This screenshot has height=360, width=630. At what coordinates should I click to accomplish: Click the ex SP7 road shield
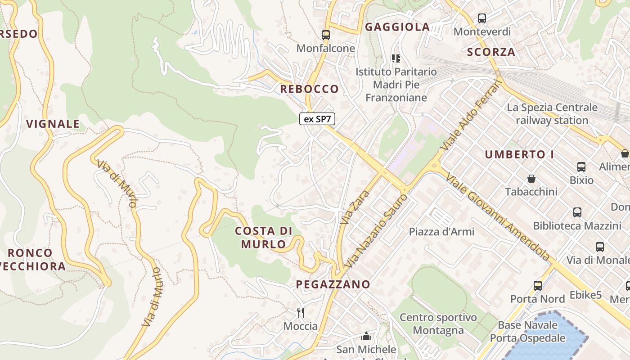[317, 119]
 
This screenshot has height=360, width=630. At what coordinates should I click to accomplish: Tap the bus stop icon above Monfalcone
[326, 35]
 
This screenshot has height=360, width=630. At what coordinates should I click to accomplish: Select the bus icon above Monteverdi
[482, 18]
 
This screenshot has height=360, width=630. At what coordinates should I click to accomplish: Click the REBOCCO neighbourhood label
[309, 89]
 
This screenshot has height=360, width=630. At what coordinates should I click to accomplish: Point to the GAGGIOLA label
[397, 27]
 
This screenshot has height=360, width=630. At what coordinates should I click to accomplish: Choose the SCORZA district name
[491, 52]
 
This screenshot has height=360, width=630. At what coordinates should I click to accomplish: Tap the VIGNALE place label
[53, 124]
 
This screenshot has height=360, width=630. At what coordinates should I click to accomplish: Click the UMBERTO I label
[519, 154]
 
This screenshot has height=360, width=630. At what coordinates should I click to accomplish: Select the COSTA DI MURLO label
[264, 238]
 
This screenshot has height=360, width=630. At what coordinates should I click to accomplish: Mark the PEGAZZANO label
[333, 284]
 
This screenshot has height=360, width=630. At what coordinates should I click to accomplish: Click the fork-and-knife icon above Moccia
[301, 312]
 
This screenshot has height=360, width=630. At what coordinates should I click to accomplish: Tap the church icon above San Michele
[366, 336]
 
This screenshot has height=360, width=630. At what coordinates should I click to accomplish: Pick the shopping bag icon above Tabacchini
[531, 179]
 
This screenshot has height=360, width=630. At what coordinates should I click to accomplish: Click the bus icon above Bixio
[581, 167]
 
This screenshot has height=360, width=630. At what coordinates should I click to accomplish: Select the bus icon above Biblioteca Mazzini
[577, 212]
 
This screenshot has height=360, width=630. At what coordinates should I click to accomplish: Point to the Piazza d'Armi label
[441, 232]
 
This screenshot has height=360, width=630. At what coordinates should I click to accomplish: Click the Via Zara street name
[355, 207]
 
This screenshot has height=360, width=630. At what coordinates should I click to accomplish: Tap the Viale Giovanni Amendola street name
[498, 216]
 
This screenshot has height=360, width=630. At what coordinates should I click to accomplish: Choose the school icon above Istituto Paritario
[396, 58]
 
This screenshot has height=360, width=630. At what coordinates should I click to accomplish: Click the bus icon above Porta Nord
[538, 285]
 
